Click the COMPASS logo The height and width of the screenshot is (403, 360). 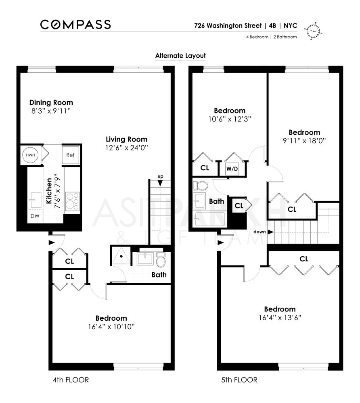pyautogui.click(x=75, y=25)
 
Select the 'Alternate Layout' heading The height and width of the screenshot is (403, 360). pyautogui.click(x=180, y=56)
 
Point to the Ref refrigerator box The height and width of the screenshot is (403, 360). pyautogui.click(x=70, y=155)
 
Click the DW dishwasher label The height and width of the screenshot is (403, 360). pyautogui.click(x=34, y=216)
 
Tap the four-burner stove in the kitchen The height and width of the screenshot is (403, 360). pyautogui.click(x=72, y=201)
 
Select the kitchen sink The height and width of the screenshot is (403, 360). pyautogui.click(x=34, y=198)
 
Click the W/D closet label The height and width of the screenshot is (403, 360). pyautogui.click(x=232, y=169)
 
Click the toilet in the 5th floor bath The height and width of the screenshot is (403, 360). pyautogui.click(x=200, y=186)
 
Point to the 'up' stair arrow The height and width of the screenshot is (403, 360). pyautogui.click(x=160, y=183)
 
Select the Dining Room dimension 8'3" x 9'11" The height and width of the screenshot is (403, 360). pyautogui.click(x=51, y=111)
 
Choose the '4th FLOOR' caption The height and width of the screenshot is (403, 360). pyautogui.click(x=71, y=380)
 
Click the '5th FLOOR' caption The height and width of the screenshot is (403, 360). pyautogui.click(x=239, y=380)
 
